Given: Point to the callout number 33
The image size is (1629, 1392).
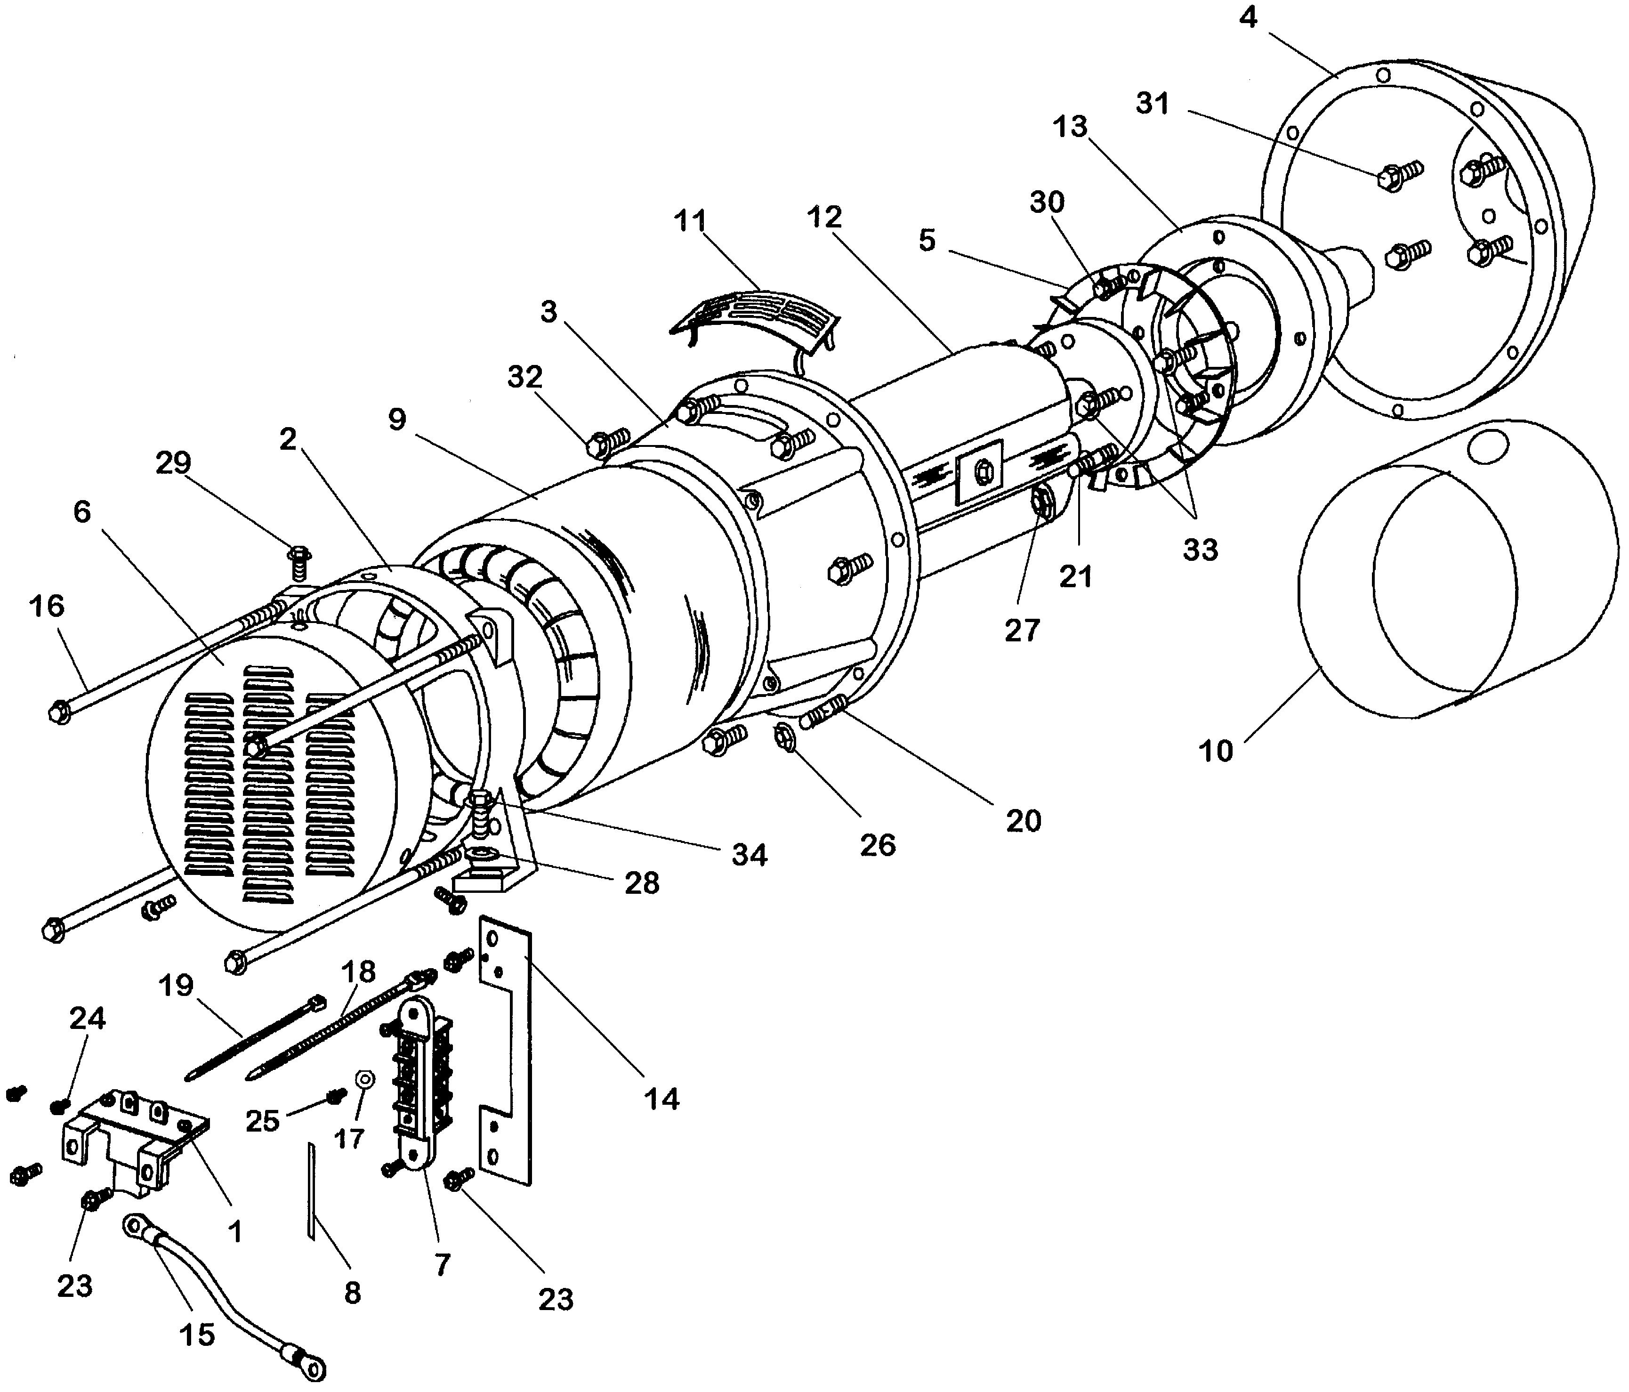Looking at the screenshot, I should click(x=1200, y=550).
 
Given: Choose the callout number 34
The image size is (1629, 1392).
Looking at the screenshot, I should click(x=749, y=855).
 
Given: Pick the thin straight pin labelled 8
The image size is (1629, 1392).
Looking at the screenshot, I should click(x=311, y=1191).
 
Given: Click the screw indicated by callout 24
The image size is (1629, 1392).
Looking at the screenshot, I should click(x=56, y=1107).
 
